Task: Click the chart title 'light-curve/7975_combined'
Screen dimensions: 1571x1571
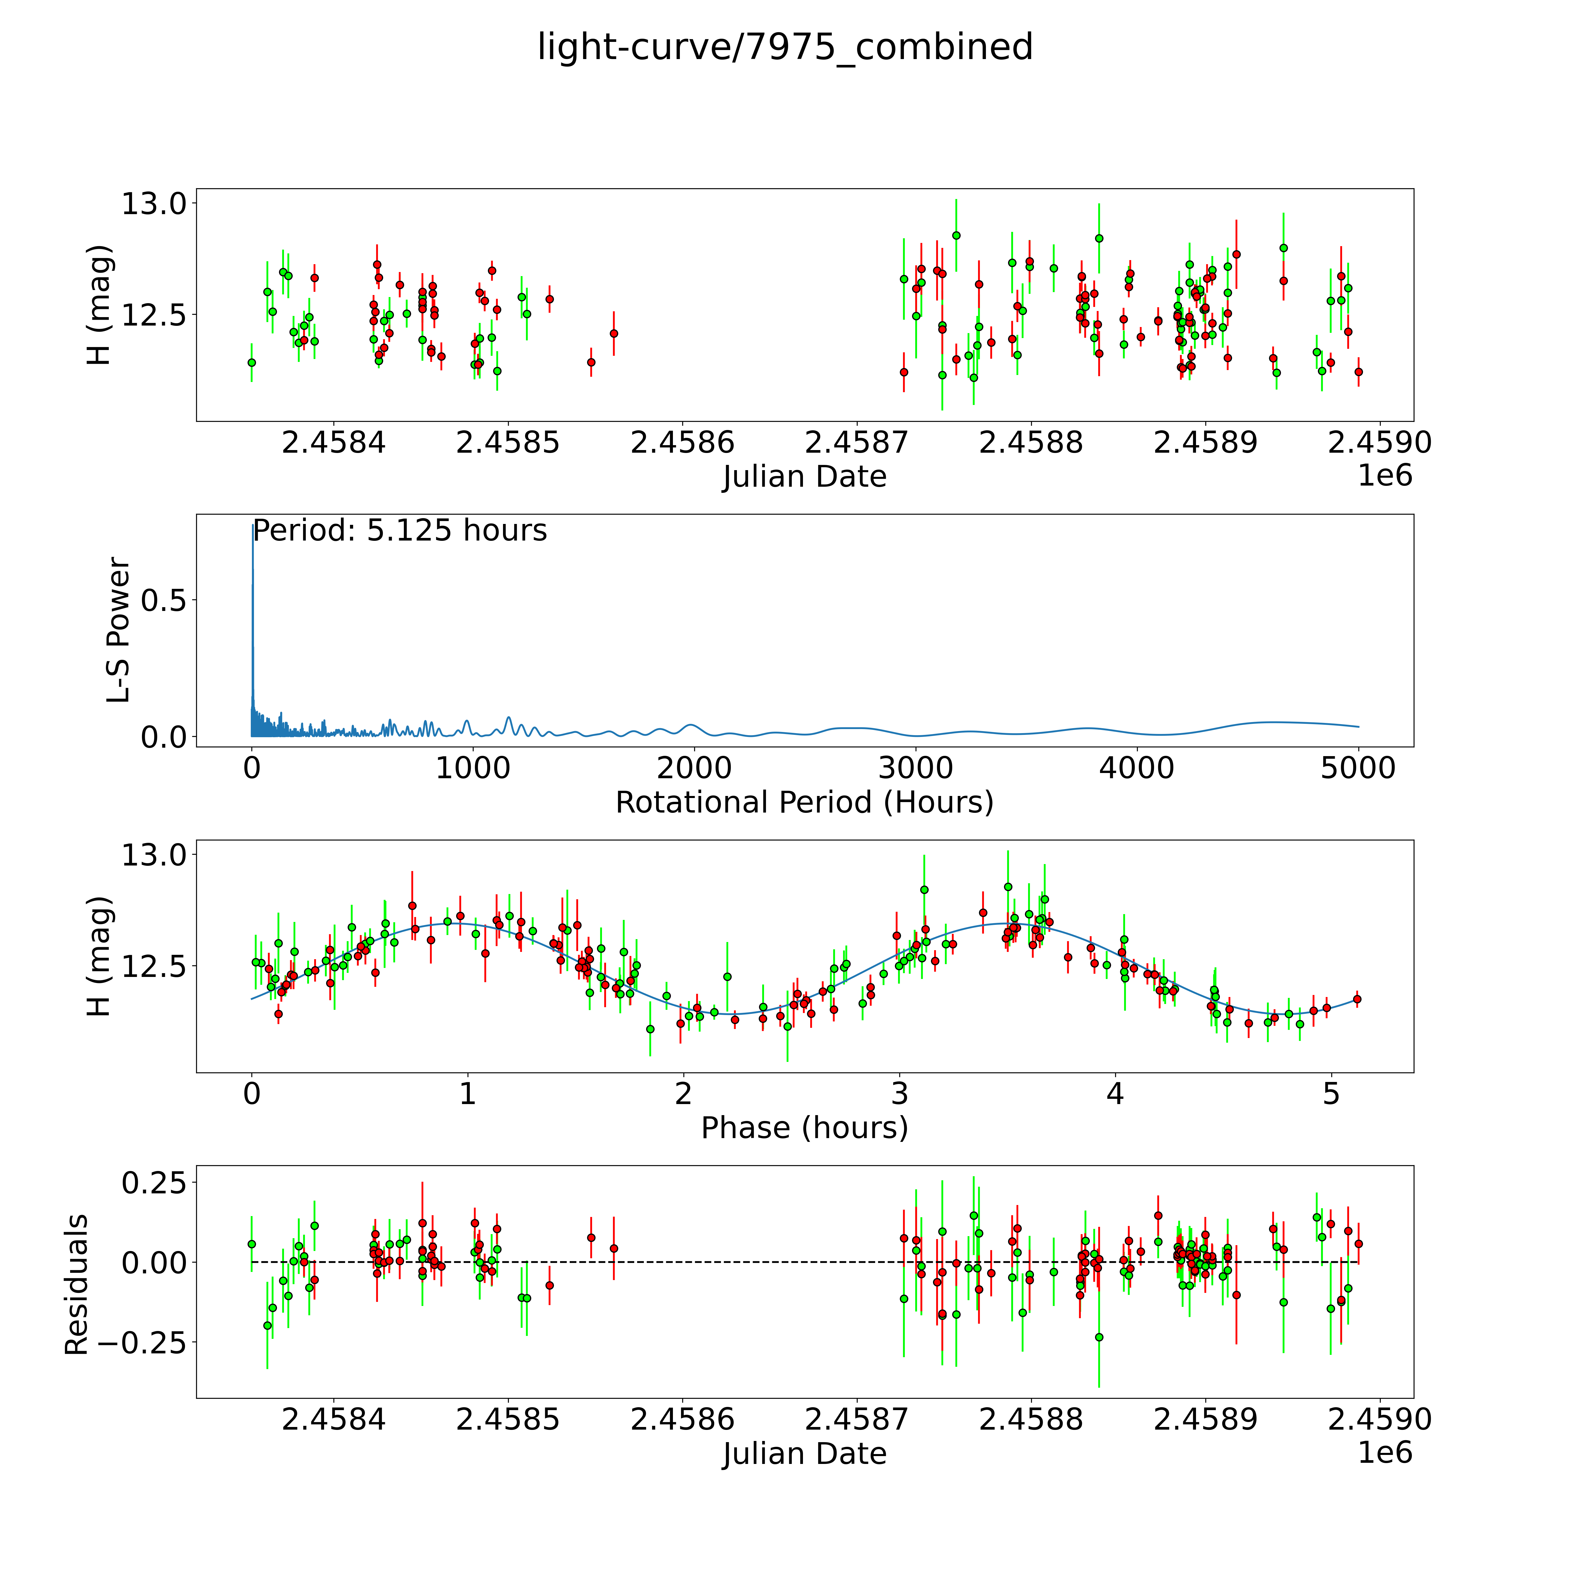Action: (x=785, y=47)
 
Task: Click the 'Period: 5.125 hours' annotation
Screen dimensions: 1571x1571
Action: (x=399, y=531)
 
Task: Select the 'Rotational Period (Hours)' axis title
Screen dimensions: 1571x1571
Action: (x=804, y=803)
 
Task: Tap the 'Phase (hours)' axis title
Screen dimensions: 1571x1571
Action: (x=804, y=1128)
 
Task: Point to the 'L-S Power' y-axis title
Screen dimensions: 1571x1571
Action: (x=119, y=630)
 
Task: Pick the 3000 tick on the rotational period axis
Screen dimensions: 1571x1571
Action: (x=916, y=768)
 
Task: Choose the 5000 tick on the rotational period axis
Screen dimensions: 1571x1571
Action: (x=1358, y=768)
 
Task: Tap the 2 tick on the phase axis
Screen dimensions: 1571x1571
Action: (x=683, y=1094)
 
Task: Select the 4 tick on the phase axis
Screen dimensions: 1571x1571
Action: (x=1115, y=1094)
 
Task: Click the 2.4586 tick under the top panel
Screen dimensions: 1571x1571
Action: (x=682, y=443)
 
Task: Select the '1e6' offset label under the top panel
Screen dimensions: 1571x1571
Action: (x=1385, y=476)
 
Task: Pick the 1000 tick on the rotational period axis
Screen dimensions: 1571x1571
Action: (x=473, y=768)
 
